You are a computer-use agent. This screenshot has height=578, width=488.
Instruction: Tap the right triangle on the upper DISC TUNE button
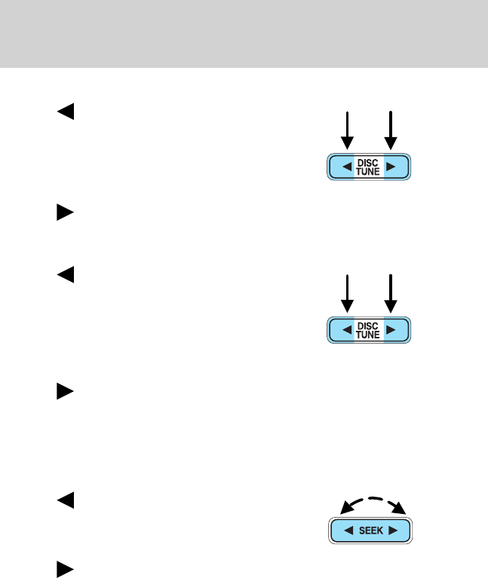tap(392, 167)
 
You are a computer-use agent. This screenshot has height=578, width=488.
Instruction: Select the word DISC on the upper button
tap(369, 163)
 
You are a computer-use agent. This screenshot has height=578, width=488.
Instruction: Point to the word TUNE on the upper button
tap(369, 172)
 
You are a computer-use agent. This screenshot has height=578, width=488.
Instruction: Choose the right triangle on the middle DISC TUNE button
tap(392, 329)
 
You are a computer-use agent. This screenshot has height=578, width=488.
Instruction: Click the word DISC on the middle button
tap(369, 325)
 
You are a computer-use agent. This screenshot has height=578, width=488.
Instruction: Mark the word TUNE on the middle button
tap(369, 334)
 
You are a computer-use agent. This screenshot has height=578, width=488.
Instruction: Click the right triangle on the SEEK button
tap(393, 531)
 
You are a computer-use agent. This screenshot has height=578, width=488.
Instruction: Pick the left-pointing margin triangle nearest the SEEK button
tap(66, 500)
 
